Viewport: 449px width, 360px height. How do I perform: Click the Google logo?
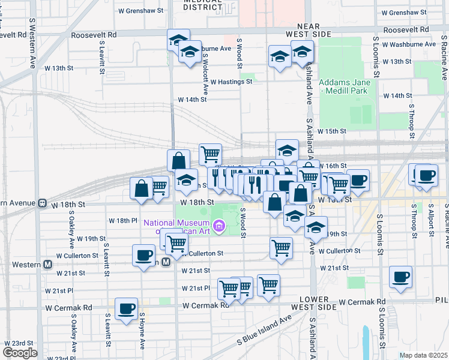point(20,353)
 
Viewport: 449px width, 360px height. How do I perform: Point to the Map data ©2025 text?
point(423,355)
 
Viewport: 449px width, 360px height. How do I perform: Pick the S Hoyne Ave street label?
point(142,331)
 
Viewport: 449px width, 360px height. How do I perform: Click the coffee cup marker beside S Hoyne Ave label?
point(126,309)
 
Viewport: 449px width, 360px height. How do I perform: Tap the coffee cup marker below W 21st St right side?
point(400,277)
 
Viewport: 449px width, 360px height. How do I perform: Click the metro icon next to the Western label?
point(47,264)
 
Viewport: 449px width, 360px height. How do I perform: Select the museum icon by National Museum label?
point(220,227)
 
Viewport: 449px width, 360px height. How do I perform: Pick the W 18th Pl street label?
point(123,221)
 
